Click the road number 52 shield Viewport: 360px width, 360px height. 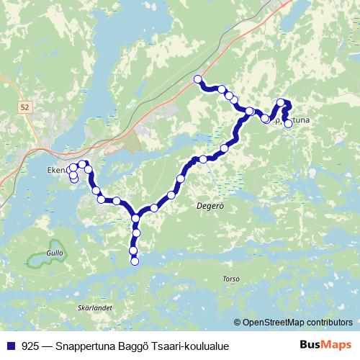(26, 107)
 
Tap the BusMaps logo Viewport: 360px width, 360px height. (325, 346)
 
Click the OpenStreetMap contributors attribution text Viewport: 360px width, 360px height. (297, 323)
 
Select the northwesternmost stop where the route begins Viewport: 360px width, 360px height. (198, 79)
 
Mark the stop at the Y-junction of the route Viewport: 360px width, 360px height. (136, 218)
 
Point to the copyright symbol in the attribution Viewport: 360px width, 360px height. (238, 323)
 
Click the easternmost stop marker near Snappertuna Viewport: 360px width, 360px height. (288, 124)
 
